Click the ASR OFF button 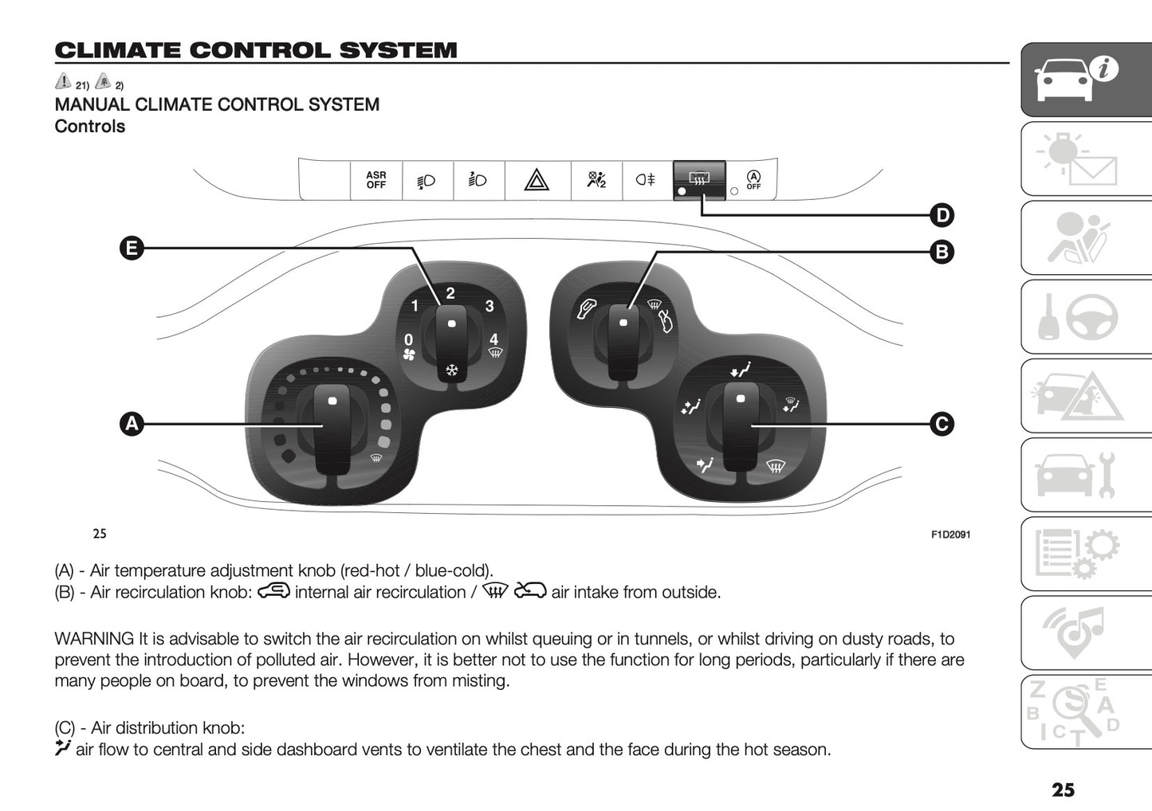[x=376, y=180]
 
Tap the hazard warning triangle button [x=537, y=181]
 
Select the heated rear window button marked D [x=699, y=180]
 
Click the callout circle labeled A [x=132, y=424]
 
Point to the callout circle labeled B [x=942, y=253]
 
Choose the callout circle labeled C [x=942, y=424]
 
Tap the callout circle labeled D [x=942, y=215]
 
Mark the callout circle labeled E [x=132, y=249]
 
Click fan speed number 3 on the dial [x=490, y=306]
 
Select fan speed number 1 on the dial [x=415, y=306]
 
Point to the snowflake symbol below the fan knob [x=452, y=370]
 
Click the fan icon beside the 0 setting [x=409, y=355]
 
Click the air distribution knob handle [x=741, y=426]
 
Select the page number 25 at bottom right [x=1063, y=789]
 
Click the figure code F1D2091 [x=950, y=535]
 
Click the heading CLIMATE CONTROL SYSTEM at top [x=256, y=50]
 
